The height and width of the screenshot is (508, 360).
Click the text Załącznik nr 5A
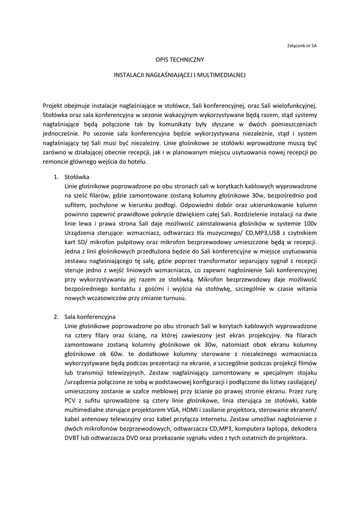click(x=302, y=45)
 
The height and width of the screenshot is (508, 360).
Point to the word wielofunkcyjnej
click(x=292, y=105)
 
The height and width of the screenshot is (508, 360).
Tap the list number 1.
click(x=56, y=177)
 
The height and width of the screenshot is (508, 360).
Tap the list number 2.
click(x=56, y=316)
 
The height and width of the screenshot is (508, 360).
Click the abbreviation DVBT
click(x=73, y=438)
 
